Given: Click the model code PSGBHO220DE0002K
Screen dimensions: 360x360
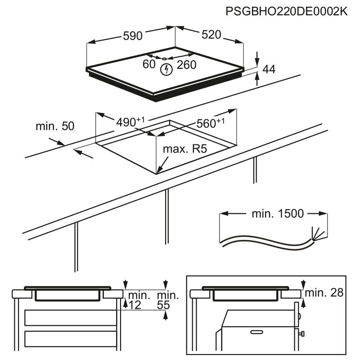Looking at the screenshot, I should tap(286, 12).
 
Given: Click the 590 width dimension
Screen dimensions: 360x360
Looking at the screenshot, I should tap(133, 36).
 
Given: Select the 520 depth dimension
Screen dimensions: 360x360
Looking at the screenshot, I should tap(211, 34).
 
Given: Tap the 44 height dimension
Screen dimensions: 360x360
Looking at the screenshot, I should tap(269, 69).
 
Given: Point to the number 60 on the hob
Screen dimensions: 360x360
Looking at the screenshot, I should tap(149, 65).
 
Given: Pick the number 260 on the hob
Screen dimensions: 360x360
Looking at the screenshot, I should tap(186, 65).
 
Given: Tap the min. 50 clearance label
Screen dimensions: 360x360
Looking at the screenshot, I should tap(54, 126).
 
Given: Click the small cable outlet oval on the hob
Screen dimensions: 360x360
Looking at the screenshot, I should tap(165, 58).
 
